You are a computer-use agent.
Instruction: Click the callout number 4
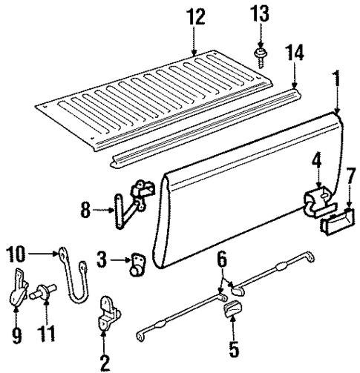[315, 179]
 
